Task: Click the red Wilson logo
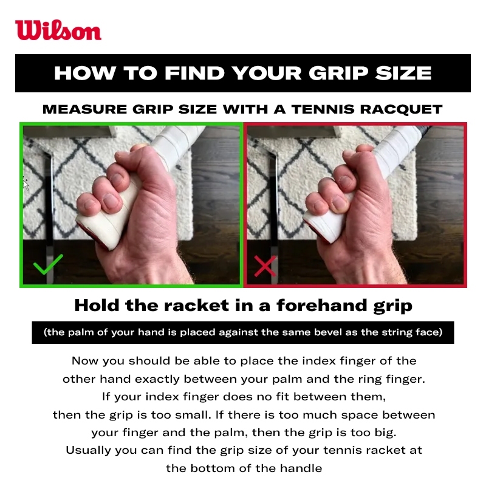[x=58, y=30]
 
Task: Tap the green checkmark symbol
[x=48, y=265]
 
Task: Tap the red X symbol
[x=265, y=266]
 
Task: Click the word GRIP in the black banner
[x=338, y=74]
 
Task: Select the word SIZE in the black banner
[x=403, y=74]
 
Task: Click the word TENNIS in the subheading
[x=323, y=109]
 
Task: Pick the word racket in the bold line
[x=196, y=306]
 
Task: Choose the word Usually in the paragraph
[x=88, y=450]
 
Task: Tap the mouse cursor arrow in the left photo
[x=26, y=183]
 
